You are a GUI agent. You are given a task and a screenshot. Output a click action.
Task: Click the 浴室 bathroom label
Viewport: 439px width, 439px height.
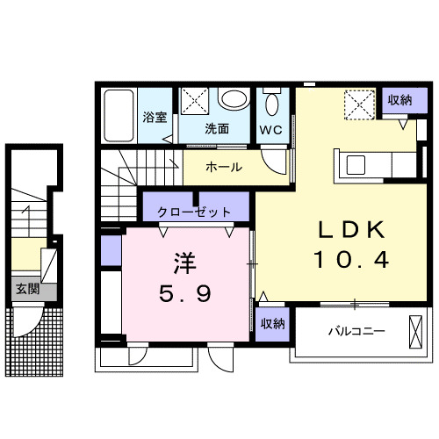(x=155, y=117)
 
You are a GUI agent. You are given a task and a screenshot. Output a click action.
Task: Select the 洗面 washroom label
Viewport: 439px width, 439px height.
(x=217, y=128)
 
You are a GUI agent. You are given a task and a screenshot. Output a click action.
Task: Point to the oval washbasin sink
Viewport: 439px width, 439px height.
(x=234, y=100)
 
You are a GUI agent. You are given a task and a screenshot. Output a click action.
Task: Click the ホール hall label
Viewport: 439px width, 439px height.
(x=224, y=167)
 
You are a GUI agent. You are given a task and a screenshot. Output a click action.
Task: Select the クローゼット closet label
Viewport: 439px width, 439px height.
(x=195, y=212)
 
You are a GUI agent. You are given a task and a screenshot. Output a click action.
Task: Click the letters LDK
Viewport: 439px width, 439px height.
(x=351, y=228)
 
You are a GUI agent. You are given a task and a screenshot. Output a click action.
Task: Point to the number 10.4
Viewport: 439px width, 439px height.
(x=351, y=260)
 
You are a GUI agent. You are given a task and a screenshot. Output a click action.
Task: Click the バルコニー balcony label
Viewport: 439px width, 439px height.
(x=357, y=331)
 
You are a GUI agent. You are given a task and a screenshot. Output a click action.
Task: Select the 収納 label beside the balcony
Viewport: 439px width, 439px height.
(x=272, y=323)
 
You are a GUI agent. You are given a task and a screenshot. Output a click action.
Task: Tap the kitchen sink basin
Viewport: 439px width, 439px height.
(x=357, y=164)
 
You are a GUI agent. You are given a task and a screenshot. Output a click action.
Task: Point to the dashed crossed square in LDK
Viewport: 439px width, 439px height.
(x=356, y=106)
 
